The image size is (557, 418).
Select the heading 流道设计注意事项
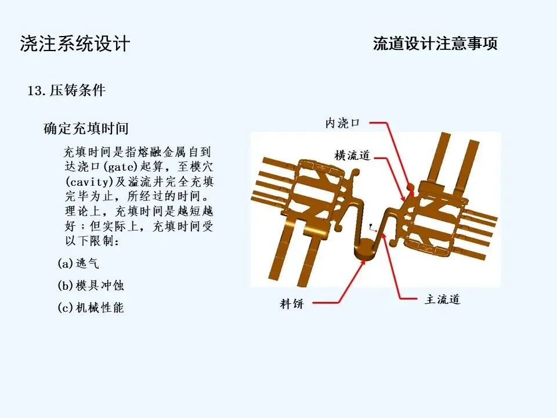click(x=435, y=44)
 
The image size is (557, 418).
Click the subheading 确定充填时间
click(x=86, y=128)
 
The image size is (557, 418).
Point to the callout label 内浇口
click(x=342, y=123)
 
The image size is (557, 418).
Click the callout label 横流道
click(x=352, y=156)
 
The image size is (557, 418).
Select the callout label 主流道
click(x=442, y=299)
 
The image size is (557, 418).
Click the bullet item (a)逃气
click(x=78, y=264)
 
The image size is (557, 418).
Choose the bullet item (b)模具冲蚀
click(x=91, y=286)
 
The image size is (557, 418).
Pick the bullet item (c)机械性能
click(x=91, y=308)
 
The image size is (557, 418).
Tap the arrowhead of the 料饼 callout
click(x=364, y=261)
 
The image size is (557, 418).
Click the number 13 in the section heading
click(x=34, y=91)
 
